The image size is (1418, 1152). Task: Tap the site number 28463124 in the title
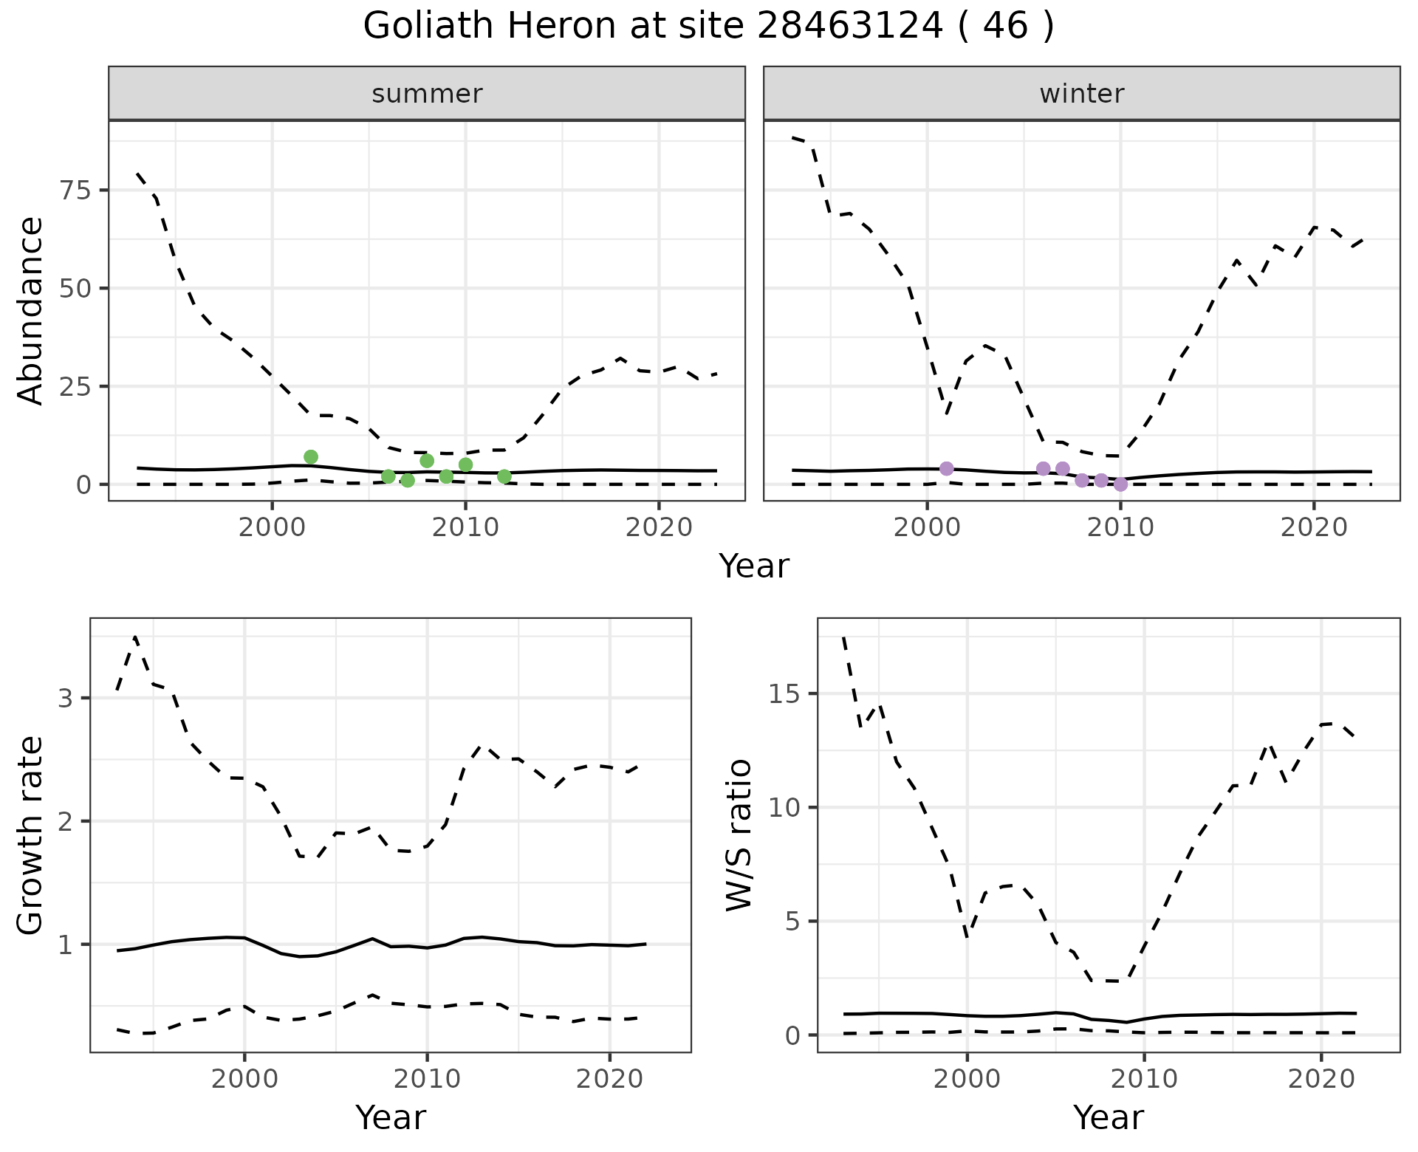[x=849, y=27]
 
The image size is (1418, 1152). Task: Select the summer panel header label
[x=427, y=94]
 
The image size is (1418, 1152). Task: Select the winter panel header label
[x=1081, y=94]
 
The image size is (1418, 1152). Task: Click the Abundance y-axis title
[x=31, y=310]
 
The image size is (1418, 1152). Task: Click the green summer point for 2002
[x=311, y=457]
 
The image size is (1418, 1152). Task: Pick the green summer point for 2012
[x=504, y=476]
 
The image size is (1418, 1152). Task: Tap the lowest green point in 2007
[x=408, y=481]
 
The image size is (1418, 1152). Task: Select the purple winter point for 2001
[x=947, y=468]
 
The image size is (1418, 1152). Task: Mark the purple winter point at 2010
[x=1120, y=484]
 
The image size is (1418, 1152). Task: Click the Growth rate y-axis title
[x=31, y=836]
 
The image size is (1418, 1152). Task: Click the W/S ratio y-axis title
[x=739, y=836]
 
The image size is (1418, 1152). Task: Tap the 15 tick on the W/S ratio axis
[x=787, y=694]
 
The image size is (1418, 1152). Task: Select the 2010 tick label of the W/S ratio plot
[x=1144, y=1079]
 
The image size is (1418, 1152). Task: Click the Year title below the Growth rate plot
[x=391, y=1117]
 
